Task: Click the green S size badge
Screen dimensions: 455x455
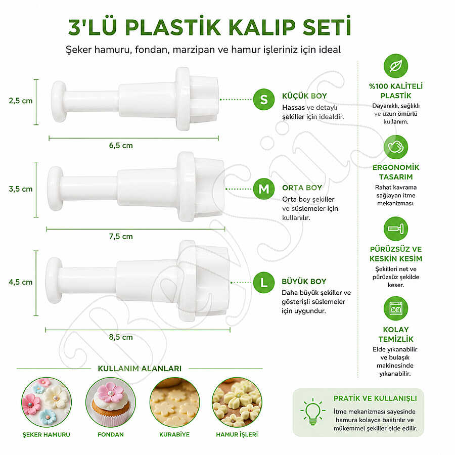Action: pyautogui.click(x=264, y=100)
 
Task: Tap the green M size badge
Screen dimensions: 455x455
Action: pyautogui.click(x=264, y=189)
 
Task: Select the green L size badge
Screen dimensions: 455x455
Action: pyautogui.click(x=264, y=282)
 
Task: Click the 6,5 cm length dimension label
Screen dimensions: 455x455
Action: pyautogui.click(x=121, y=146)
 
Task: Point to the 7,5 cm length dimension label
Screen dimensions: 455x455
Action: pyautogui.click(x=121, y=237)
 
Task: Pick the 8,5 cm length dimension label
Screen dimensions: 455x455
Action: pyautogui.click(x=121, y=337)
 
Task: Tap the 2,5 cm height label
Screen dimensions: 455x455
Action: pyautogui.click(x=21, y=101)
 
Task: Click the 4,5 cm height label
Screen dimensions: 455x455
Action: pyautogui.click(x=21, y=282)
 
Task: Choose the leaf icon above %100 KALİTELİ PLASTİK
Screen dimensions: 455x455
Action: pyautogui.click(x=396, y=66)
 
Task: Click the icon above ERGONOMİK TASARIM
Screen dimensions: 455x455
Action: pyautogui.click(x=396, y=147)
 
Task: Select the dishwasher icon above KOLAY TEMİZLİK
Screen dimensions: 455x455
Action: pyautogui.click(x=396, y=308)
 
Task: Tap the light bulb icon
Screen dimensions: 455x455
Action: pyautogui.click(x=313, y=412)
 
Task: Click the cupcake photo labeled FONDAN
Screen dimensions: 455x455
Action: pyautogui.click(x=111, y=402)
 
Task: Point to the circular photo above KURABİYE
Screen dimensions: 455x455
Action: pyautogui.click(x=175, y=402)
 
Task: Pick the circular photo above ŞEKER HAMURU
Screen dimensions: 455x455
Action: pyautogui.click(x=47, y=402)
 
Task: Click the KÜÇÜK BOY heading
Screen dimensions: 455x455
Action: pyautogui.click(x=304, y=96)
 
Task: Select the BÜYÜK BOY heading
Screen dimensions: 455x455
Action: pyautogui.click(x=304, y=282)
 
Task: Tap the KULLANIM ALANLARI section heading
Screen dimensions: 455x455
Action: pyautogui.click(x=140, y=369)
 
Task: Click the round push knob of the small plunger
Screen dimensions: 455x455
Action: pyautogui.click(x=59, y=102)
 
